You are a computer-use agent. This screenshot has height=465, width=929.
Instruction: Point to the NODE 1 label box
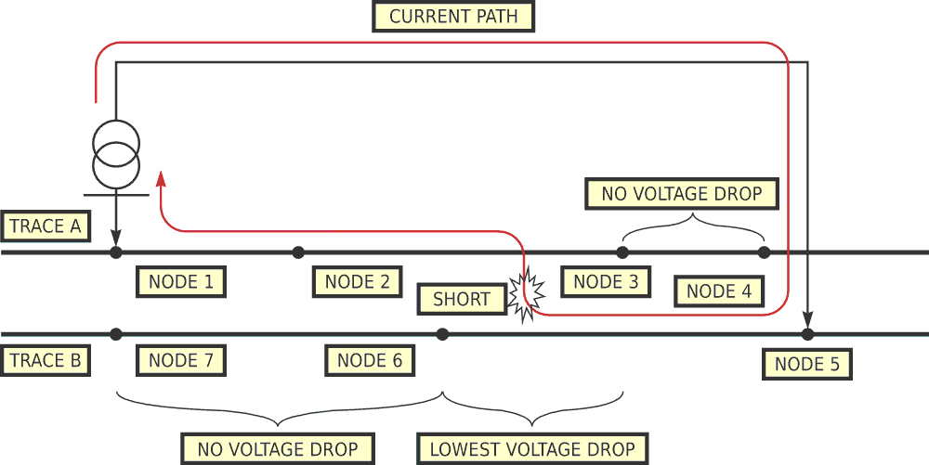tap(181, 282)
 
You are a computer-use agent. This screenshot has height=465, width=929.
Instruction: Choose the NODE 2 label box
tap(358, 282)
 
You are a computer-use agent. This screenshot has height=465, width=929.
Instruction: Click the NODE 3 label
tap(606, 282)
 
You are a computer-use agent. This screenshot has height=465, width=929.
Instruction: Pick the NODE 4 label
tap(719, 291)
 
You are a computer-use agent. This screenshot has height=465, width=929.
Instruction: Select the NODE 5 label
tap(807, 364)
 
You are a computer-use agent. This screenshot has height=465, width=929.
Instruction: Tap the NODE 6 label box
tap(370, 360)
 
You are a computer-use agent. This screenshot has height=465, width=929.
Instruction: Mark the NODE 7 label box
tap(181, 360)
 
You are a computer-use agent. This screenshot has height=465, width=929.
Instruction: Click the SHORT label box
tap(462, 299)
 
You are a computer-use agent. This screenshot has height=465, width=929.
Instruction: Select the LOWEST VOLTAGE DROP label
tap(532, 449)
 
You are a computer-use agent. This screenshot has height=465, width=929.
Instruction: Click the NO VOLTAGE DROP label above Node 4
tap(682, 194)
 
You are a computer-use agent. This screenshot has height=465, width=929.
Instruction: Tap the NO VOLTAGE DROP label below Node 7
tap(278, 449)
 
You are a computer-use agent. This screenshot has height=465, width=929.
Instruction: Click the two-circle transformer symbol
tap(116, 154)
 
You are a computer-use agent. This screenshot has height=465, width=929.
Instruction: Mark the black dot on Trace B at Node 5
tap(807, 334)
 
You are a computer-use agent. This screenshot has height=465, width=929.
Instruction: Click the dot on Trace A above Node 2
tap(298, 252)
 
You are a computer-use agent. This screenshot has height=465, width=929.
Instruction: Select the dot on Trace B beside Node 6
tap(442, 334)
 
